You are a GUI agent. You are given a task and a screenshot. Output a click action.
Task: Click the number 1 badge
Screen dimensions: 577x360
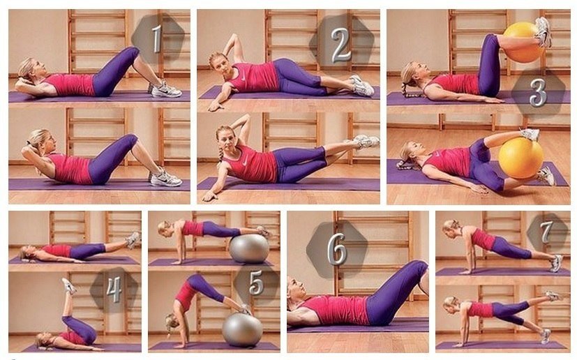[157, 38]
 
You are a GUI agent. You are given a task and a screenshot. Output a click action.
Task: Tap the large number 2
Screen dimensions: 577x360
[340, 45]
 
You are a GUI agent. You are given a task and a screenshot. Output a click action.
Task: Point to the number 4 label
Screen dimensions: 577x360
[114, 290]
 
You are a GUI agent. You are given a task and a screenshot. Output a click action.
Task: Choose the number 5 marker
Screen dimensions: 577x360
[256, 283]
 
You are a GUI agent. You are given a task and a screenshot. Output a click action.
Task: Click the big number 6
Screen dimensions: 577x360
[337, 249]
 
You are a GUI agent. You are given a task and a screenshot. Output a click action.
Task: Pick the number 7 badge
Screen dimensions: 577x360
[546, 232]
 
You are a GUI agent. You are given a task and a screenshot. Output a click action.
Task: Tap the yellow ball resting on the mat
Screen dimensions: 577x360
[520, 158]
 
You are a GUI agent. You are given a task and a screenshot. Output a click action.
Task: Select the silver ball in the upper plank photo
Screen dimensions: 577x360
[249, 248]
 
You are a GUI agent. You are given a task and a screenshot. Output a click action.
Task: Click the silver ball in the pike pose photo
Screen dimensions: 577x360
[242, 329]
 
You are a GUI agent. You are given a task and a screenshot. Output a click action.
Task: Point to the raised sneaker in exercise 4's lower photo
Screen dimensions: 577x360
[69, 285]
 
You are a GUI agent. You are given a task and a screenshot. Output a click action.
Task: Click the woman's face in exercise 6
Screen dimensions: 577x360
[297, 290]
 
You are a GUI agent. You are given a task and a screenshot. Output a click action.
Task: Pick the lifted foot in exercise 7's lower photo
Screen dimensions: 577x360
[553, 296]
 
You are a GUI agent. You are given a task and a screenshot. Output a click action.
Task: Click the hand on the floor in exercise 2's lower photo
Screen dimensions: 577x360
[209, 196]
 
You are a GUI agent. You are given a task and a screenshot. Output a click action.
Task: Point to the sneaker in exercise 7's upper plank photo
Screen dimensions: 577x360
[556, 263]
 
